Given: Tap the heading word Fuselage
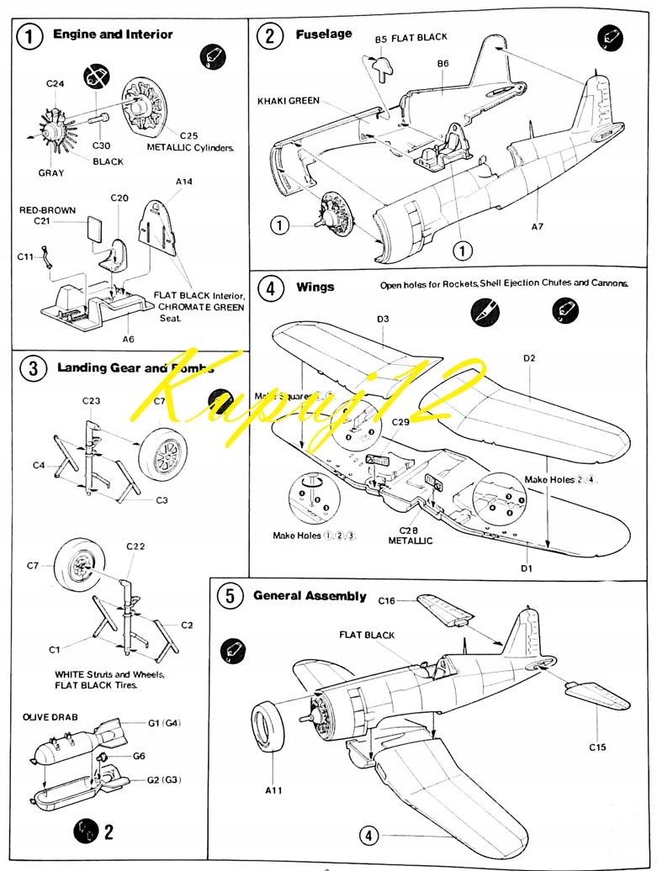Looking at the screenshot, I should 324,34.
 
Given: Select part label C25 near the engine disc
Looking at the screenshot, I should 188,135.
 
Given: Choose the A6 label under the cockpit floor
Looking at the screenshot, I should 129,339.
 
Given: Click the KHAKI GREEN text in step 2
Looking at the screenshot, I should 289,101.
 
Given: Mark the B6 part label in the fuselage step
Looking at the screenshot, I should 443,63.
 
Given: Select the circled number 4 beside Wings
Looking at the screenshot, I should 270,288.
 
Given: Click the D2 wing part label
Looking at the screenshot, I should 529,359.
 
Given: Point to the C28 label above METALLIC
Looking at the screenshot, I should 409,531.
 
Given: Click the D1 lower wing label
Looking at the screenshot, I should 527,569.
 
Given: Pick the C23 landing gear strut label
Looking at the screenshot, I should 92,401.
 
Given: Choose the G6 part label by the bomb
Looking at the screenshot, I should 140,755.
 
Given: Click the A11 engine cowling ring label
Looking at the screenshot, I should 274,790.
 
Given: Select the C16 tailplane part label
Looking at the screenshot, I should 387,601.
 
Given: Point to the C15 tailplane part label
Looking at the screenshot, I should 597,747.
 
